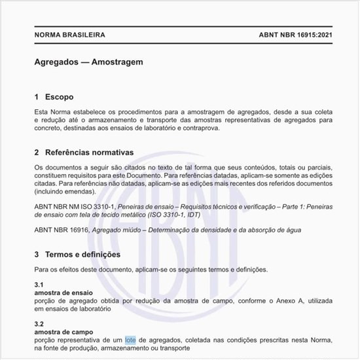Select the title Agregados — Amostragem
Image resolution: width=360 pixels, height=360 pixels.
[88, 62]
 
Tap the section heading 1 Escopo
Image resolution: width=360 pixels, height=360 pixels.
[58, 97]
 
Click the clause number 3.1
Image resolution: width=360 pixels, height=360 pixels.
[39, 285]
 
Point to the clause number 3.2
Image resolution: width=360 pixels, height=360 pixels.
[39, 325]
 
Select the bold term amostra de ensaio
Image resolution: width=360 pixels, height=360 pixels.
[63, 293]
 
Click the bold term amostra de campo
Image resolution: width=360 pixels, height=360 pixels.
[63, 333]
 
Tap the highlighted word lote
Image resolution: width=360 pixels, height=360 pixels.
[130, 340]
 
